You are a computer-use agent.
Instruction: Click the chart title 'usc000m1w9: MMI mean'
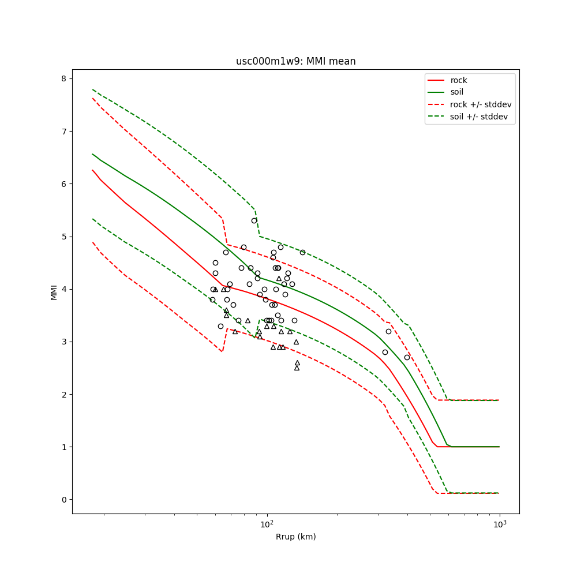click(x=295, y=61)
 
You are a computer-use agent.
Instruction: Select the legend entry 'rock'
click(x=459, y=80)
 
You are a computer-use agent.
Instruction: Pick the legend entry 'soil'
click(x=456, y=92)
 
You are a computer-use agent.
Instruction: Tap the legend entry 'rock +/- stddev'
click(x=480, y=104)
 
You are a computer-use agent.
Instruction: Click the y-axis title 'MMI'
click(x=54, y=292)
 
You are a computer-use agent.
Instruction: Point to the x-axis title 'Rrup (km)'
click(x=295, y=537)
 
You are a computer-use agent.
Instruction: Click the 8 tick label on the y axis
click(x=63, y=78)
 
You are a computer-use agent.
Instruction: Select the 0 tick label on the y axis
click(x=63, y=500)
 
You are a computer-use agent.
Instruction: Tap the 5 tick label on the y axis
click(x=63, y=237)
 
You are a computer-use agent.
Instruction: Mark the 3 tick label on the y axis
click(x=63, y=342)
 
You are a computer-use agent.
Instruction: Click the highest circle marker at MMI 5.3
click(x=254, y=220)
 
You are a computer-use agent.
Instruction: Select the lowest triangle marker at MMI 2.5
click(x=297, y=368)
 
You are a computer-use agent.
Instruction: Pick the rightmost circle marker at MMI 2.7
click(x=407, y=357)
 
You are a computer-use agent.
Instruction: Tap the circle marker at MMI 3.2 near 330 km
click(x=388, y=331)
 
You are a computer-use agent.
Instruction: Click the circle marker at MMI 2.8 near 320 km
click(x=385, y=352)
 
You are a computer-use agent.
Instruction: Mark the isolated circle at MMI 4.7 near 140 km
click(x=302, y=252)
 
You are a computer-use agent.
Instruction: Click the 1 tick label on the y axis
click(x=63, y=447)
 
